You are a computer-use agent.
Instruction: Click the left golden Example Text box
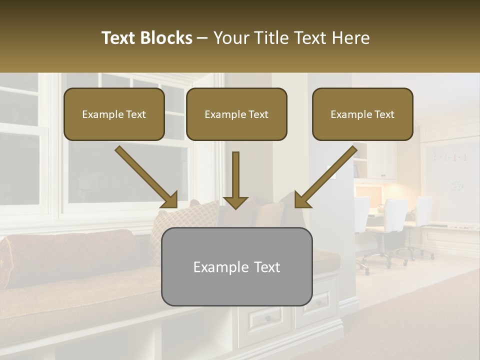click(114, 114)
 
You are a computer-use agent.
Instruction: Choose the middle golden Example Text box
click(236, 114)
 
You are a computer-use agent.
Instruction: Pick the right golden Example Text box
click(362, 114)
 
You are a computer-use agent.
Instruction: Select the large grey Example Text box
click(236, 267)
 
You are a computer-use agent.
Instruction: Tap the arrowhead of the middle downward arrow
click(235, 202)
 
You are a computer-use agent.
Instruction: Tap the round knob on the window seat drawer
click(268, 318)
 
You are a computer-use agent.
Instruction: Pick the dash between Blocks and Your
click(202, 38)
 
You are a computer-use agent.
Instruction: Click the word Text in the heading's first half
click(119, 38)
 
